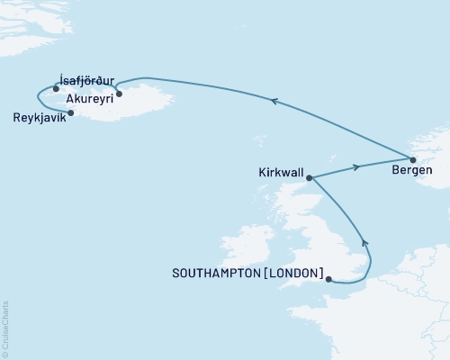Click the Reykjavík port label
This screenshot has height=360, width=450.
(x=40, y=118)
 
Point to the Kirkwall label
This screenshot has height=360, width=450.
(x=280, y=169)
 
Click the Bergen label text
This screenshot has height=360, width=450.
(x=413, y=168)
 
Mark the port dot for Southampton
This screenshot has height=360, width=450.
(x=330, y=280)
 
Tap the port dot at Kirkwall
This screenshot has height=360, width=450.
(x=310, y=178)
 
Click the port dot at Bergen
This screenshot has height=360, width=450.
(x=413, y=159)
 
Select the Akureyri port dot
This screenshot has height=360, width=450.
(x=119, y=93)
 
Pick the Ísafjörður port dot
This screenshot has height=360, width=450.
(x=56, y=88)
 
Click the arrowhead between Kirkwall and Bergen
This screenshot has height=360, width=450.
(x=357, y=167)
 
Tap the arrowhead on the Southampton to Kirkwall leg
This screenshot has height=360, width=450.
(x=364, y=243)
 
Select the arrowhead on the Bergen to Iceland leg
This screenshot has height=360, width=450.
(x=274, y=102)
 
